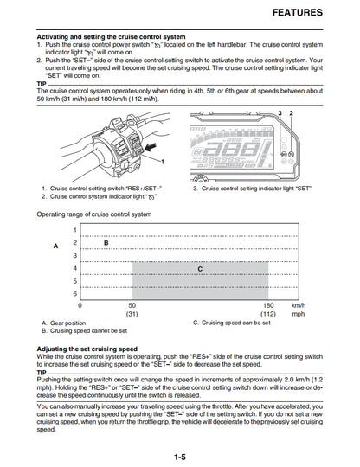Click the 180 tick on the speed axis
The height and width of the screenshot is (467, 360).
(267, 305)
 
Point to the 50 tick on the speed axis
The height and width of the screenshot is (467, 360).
(132, 305)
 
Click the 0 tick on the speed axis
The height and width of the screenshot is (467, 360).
(80, 305)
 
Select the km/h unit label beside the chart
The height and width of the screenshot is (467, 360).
(299, 305)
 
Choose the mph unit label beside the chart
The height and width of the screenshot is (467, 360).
(299, 315)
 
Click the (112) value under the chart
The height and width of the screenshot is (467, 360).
(267, 315)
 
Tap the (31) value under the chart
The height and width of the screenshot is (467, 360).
(132, 315)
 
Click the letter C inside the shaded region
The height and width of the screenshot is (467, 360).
(200, 269)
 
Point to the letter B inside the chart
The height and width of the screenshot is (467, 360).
(106, 243)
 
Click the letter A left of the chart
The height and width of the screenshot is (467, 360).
(55, 246)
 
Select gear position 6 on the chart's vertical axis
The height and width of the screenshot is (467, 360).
(74, 294)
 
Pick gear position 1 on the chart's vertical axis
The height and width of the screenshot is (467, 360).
(74, 230)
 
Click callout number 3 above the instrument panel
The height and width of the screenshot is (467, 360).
(304, 114)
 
